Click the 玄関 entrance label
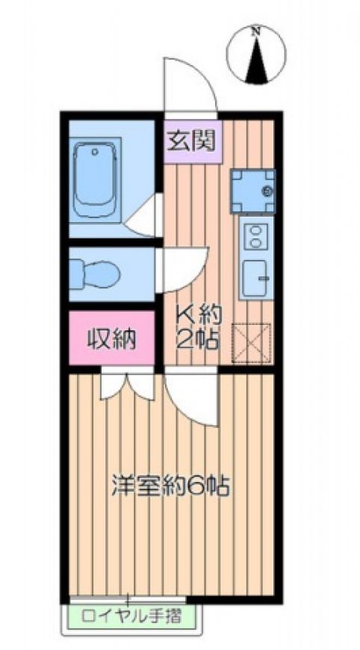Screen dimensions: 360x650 [x=191, y=141]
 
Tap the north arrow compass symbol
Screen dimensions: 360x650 [x=256, y=55]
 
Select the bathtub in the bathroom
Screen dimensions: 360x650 [x=95, y=179]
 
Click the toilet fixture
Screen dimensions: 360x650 [x=94, y=274]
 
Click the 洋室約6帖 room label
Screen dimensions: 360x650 [x=170, y=486]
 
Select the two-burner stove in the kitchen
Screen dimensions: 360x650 [x=256, y=236]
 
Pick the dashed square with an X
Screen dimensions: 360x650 [x=251, y=344]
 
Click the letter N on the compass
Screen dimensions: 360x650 [x=257, y=31]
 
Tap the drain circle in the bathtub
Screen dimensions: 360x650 [x=95, y=152]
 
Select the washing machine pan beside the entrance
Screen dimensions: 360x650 [x=252, y=191]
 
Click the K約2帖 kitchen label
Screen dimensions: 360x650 [x=199, y=327]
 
